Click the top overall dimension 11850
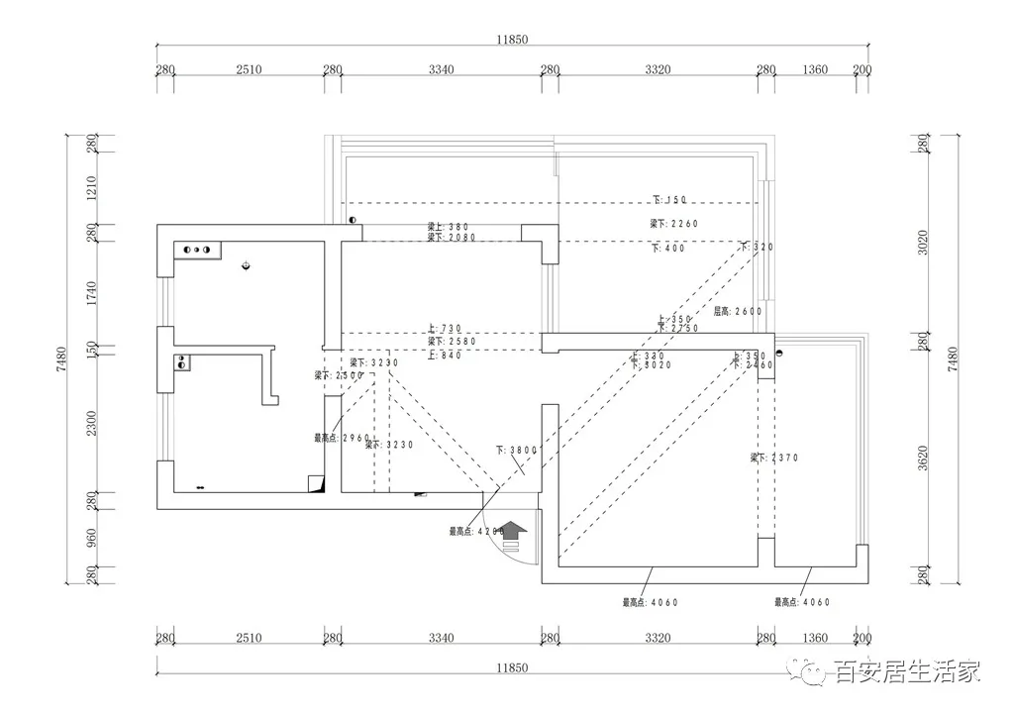point(513,40)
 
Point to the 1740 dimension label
point(91,292)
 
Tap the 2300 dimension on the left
point(91,424)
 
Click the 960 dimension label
point(91,538)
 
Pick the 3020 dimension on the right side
point(922,243)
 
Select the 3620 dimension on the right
point(922,458)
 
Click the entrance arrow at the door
point(513,534)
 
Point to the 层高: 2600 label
point(738,310)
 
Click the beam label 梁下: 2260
point(673,224)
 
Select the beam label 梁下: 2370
point(773,458)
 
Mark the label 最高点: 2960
point(342,437)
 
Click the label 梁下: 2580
point(452,341)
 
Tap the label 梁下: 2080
point(452,238)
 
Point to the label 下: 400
point(668,249)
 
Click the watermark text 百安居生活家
point(908,673)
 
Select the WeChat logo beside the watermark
point(816,673)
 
